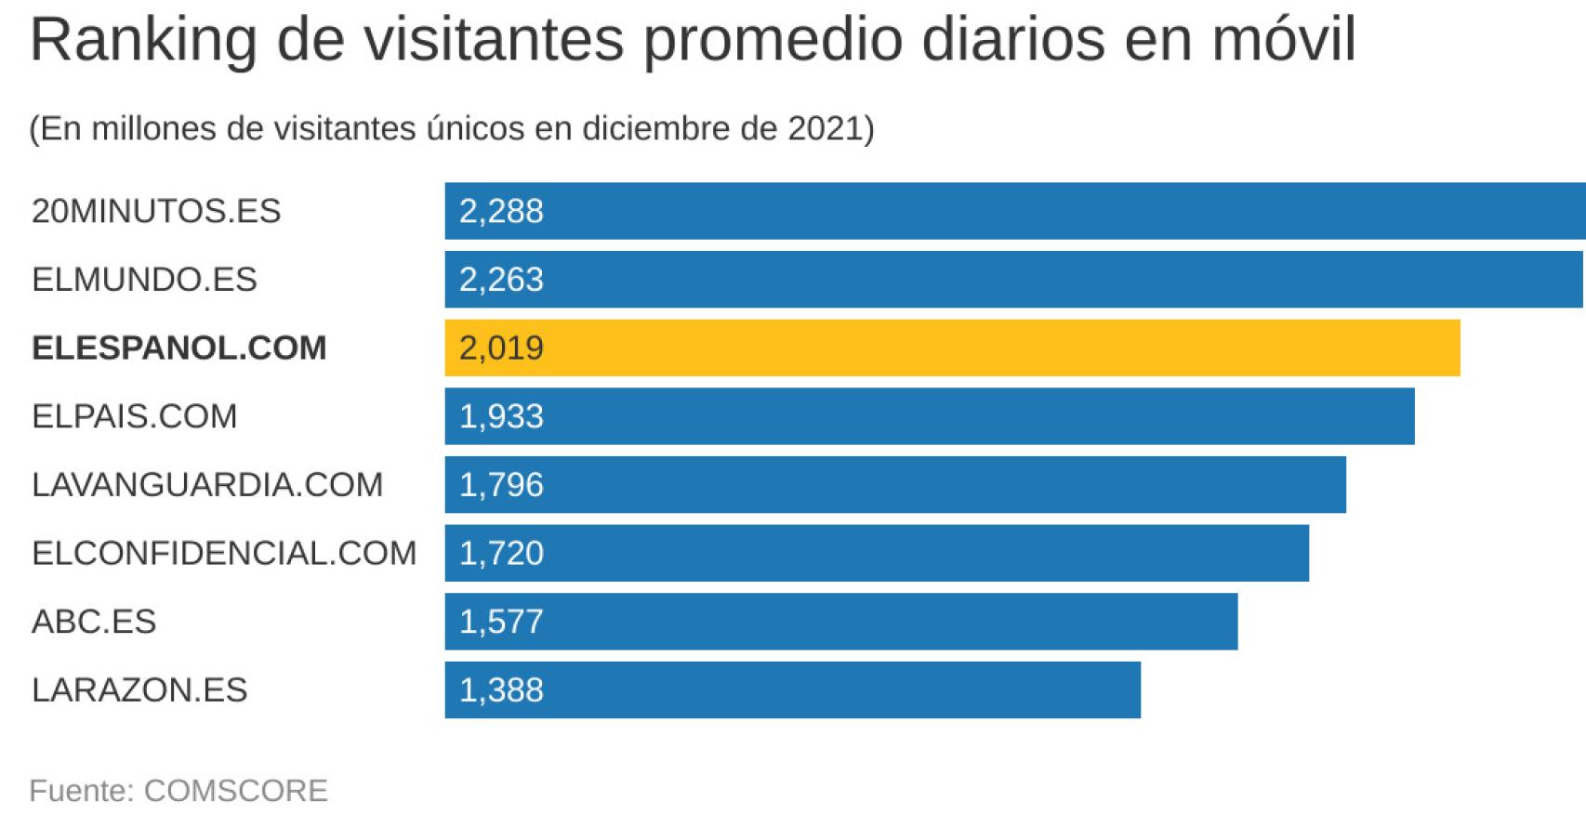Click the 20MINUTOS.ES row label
click(x=156, y=211)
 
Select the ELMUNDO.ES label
click(x=144, y=280)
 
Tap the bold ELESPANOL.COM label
click(x=178, y=348)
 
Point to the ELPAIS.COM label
click(x=134, y=416)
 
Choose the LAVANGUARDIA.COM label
click(x=206, y=484)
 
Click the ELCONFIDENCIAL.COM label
click(x=223, y=553)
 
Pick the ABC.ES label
click(x=93, y=621)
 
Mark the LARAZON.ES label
click(x=139, y=689)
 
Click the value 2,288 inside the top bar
click(x=501, y=211)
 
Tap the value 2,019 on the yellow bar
click(x=501, y=348)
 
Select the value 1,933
click(x=501, y=416)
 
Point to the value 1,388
click(x=501, y=689)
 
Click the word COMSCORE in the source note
click(x=235, y=790)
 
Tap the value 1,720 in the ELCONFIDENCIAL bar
click(x=501, y=553)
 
